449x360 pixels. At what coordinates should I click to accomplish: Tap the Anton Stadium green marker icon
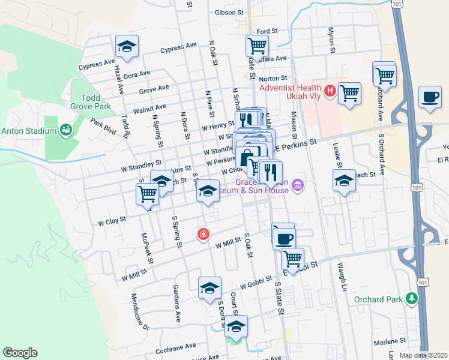pyautogui.click(x=65, y=130)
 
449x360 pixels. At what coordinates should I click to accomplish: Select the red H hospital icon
pyautogui.click(x=330, y=91)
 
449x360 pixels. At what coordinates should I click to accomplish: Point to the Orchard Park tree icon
pyautogui.click(x=411, y=298)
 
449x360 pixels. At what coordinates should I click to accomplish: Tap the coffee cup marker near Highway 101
pyautogui.click(x=430, y=97)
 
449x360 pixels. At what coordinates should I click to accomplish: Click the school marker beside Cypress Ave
pyautogui.click(x=127, y=46)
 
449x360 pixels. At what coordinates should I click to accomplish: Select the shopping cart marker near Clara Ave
pyautogui.click(x=257, y=46)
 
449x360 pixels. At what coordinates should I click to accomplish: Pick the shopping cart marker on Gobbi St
pyautogui.click(x=292, y=259)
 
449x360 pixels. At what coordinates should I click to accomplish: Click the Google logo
pyautogui.click(x=20, y=353)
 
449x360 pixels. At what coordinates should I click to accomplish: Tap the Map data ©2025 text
pyautogui.click(x=423, y=355)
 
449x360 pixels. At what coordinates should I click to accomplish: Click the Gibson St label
pyautogui.click(x=228, y=12)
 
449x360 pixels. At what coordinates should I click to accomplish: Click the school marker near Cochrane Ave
pyautogui.click(x=237, y=327)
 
